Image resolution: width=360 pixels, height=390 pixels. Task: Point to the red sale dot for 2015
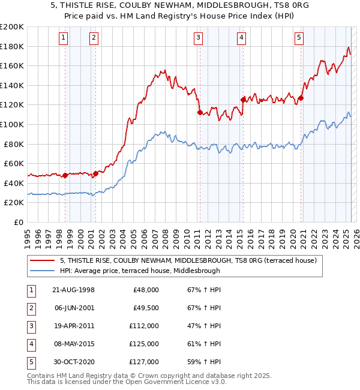click(242, 100)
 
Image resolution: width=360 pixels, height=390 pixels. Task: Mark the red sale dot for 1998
click(65, 175)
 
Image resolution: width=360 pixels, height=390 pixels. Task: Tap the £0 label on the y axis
click(18, 222)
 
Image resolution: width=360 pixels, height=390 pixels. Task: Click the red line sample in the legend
click(43, 260)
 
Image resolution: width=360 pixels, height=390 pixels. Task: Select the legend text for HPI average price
click(140, 271)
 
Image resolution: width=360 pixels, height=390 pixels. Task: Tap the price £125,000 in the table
click(144, 344)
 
